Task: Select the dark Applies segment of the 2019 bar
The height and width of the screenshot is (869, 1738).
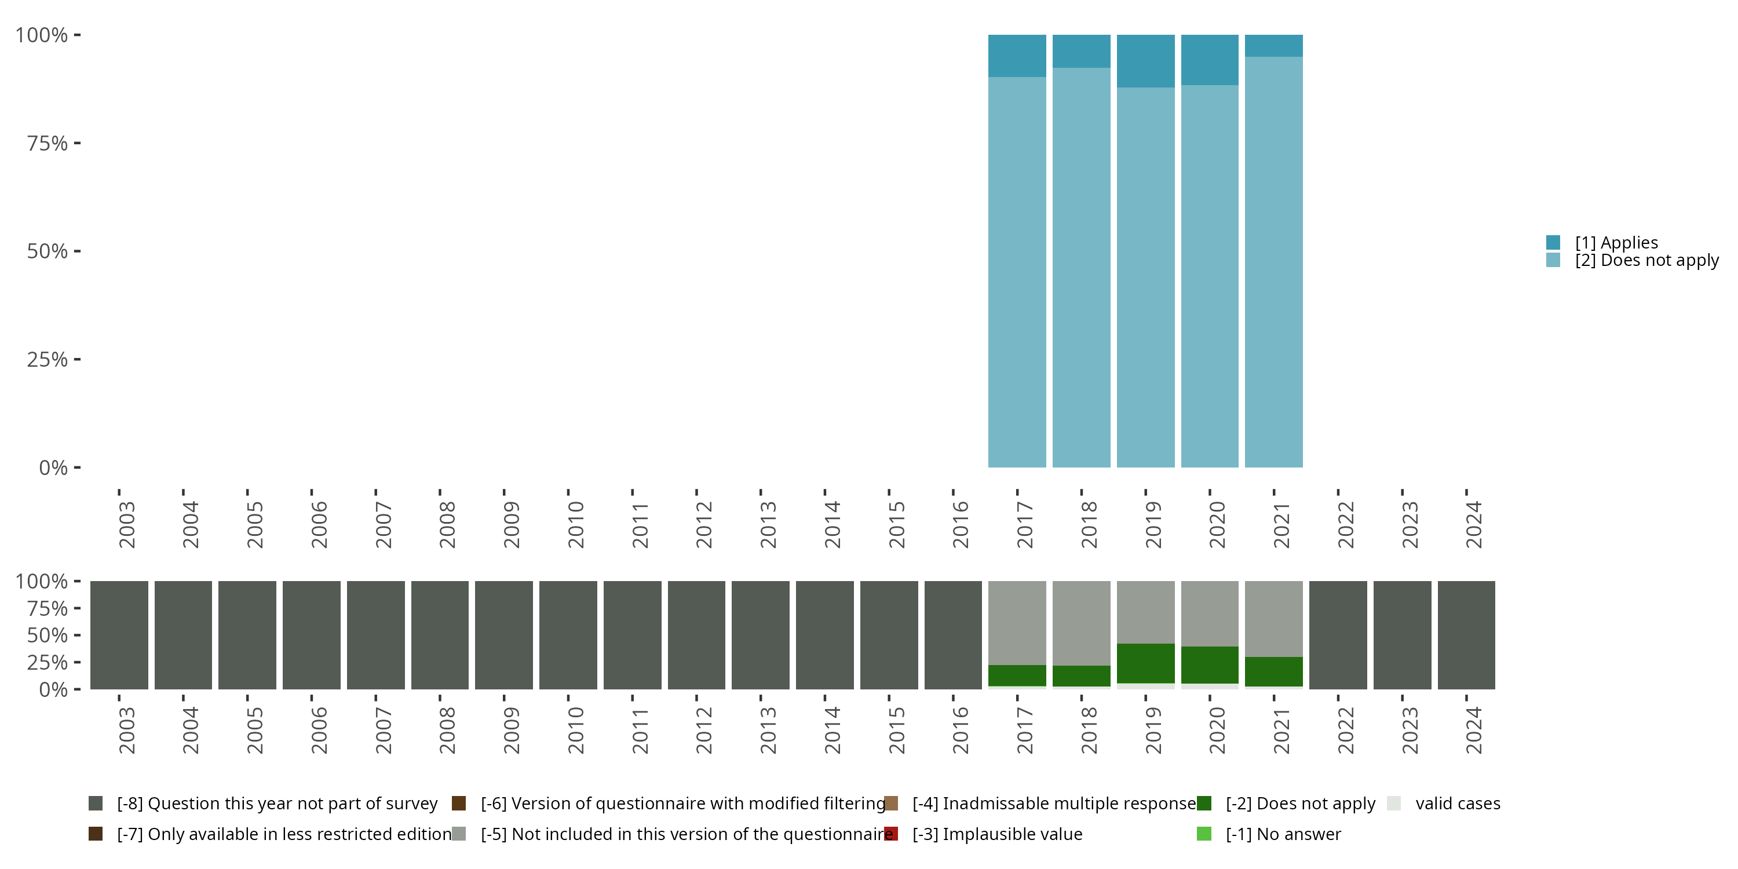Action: point(1145,61)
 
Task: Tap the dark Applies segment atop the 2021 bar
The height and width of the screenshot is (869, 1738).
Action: point(1273,45)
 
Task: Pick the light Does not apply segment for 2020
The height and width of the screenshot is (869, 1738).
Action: point(1209,276)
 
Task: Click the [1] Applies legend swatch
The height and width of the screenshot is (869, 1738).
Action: point(1553,242)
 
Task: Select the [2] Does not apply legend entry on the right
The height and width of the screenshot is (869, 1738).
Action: point(1646,261)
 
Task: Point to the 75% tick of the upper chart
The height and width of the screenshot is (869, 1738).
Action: point(48,143)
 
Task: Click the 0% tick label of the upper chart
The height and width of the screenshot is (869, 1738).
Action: point(53,468)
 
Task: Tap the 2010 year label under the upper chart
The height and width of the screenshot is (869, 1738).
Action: point(575,525)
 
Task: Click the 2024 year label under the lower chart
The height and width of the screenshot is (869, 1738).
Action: point(1473,731)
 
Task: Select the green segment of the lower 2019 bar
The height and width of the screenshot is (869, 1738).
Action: point(1145,663)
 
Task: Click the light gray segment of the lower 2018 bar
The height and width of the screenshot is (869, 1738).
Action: point(1081,623)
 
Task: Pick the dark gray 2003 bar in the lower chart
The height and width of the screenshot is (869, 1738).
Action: point(119,635)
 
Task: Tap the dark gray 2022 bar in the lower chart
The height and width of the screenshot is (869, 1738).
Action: point(1337,635)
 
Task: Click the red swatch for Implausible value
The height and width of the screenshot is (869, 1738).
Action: point(890,834)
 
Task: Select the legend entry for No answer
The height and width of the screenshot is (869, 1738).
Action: point(1283,834)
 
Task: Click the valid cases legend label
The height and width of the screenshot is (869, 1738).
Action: point(1458,804)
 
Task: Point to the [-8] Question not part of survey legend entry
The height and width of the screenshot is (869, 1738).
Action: point(276,804)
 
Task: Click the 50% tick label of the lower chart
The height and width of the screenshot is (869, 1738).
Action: point(48,636)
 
